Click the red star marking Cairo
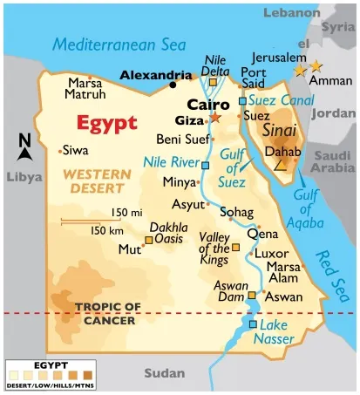[215, 117]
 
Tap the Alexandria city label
[155, 75]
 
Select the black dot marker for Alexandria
[173, 85]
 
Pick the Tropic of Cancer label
[107, 313]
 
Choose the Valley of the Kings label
[214, 249]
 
